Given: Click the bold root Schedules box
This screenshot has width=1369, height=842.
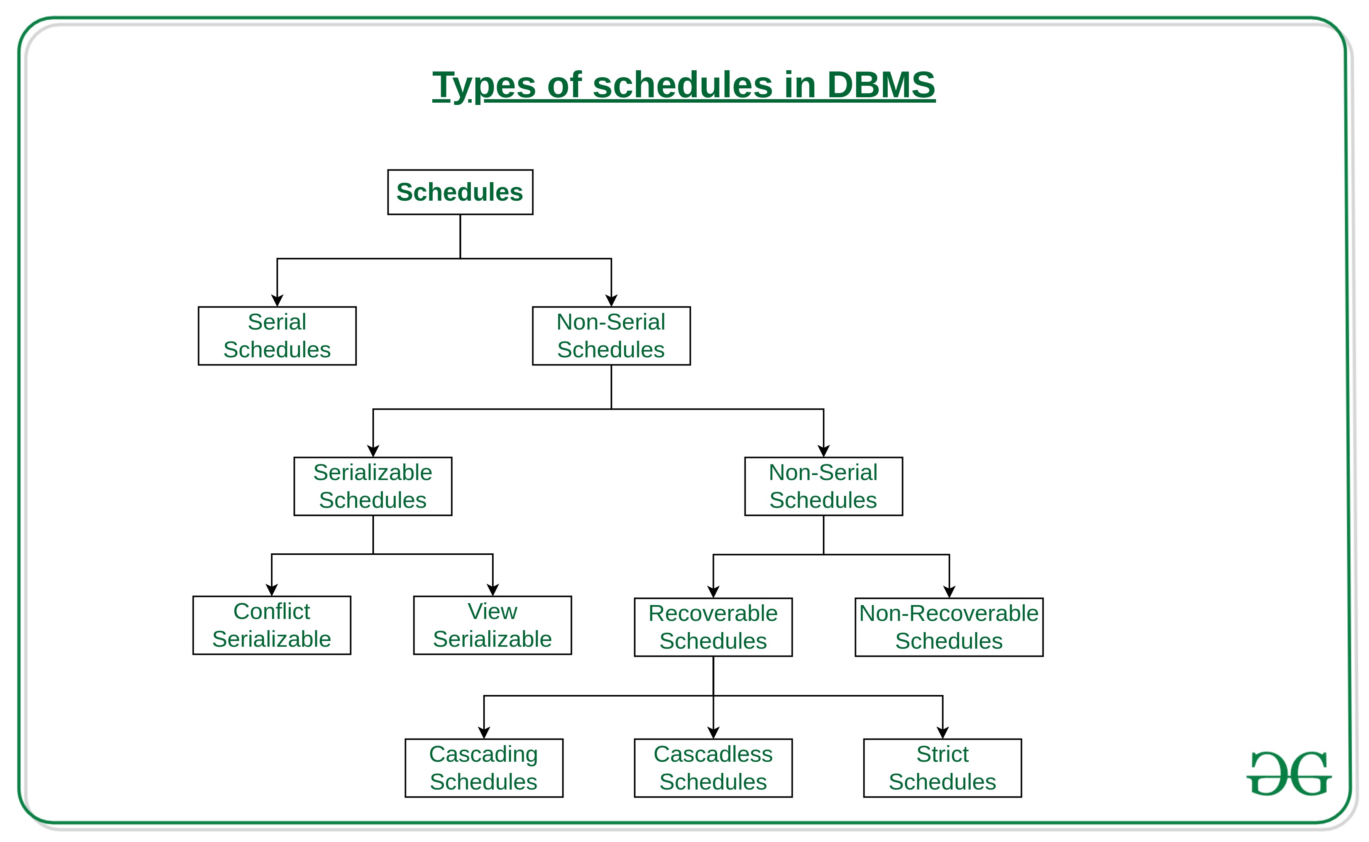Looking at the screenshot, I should point(460,192).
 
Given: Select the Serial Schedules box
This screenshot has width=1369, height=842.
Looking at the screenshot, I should point(277,336).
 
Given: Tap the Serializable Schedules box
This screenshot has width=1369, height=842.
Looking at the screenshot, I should point(372,486).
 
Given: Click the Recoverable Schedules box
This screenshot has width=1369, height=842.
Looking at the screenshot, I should point(713,627).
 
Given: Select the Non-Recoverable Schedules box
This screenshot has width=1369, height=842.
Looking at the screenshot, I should point(949,627).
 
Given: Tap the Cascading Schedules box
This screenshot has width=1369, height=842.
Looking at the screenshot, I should point(484,768).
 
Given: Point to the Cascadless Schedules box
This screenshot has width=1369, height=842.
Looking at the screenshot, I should point(713,768).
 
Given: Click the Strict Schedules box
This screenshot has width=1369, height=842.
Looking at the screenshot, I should point(943,768).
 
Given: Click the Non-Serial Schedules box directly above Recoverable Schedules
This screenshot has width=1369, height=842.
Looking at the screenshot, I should point(823,486).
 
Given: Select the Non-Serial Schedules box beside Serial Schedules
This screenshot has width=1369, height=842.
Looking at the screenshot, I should point(611,336).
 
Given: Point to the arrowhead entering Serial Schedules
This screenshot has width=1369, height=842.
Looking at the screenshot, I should point(277,300).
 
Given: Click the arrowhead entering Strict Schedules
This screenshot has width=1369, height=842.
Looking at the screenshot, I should point(943,732).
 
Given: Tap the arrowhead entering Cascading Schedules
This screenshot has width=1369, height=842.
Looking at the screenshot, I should point(484,732).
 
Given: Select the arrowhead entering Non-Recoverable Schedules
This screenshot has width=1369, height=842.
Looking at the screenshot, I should point(949,592).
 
